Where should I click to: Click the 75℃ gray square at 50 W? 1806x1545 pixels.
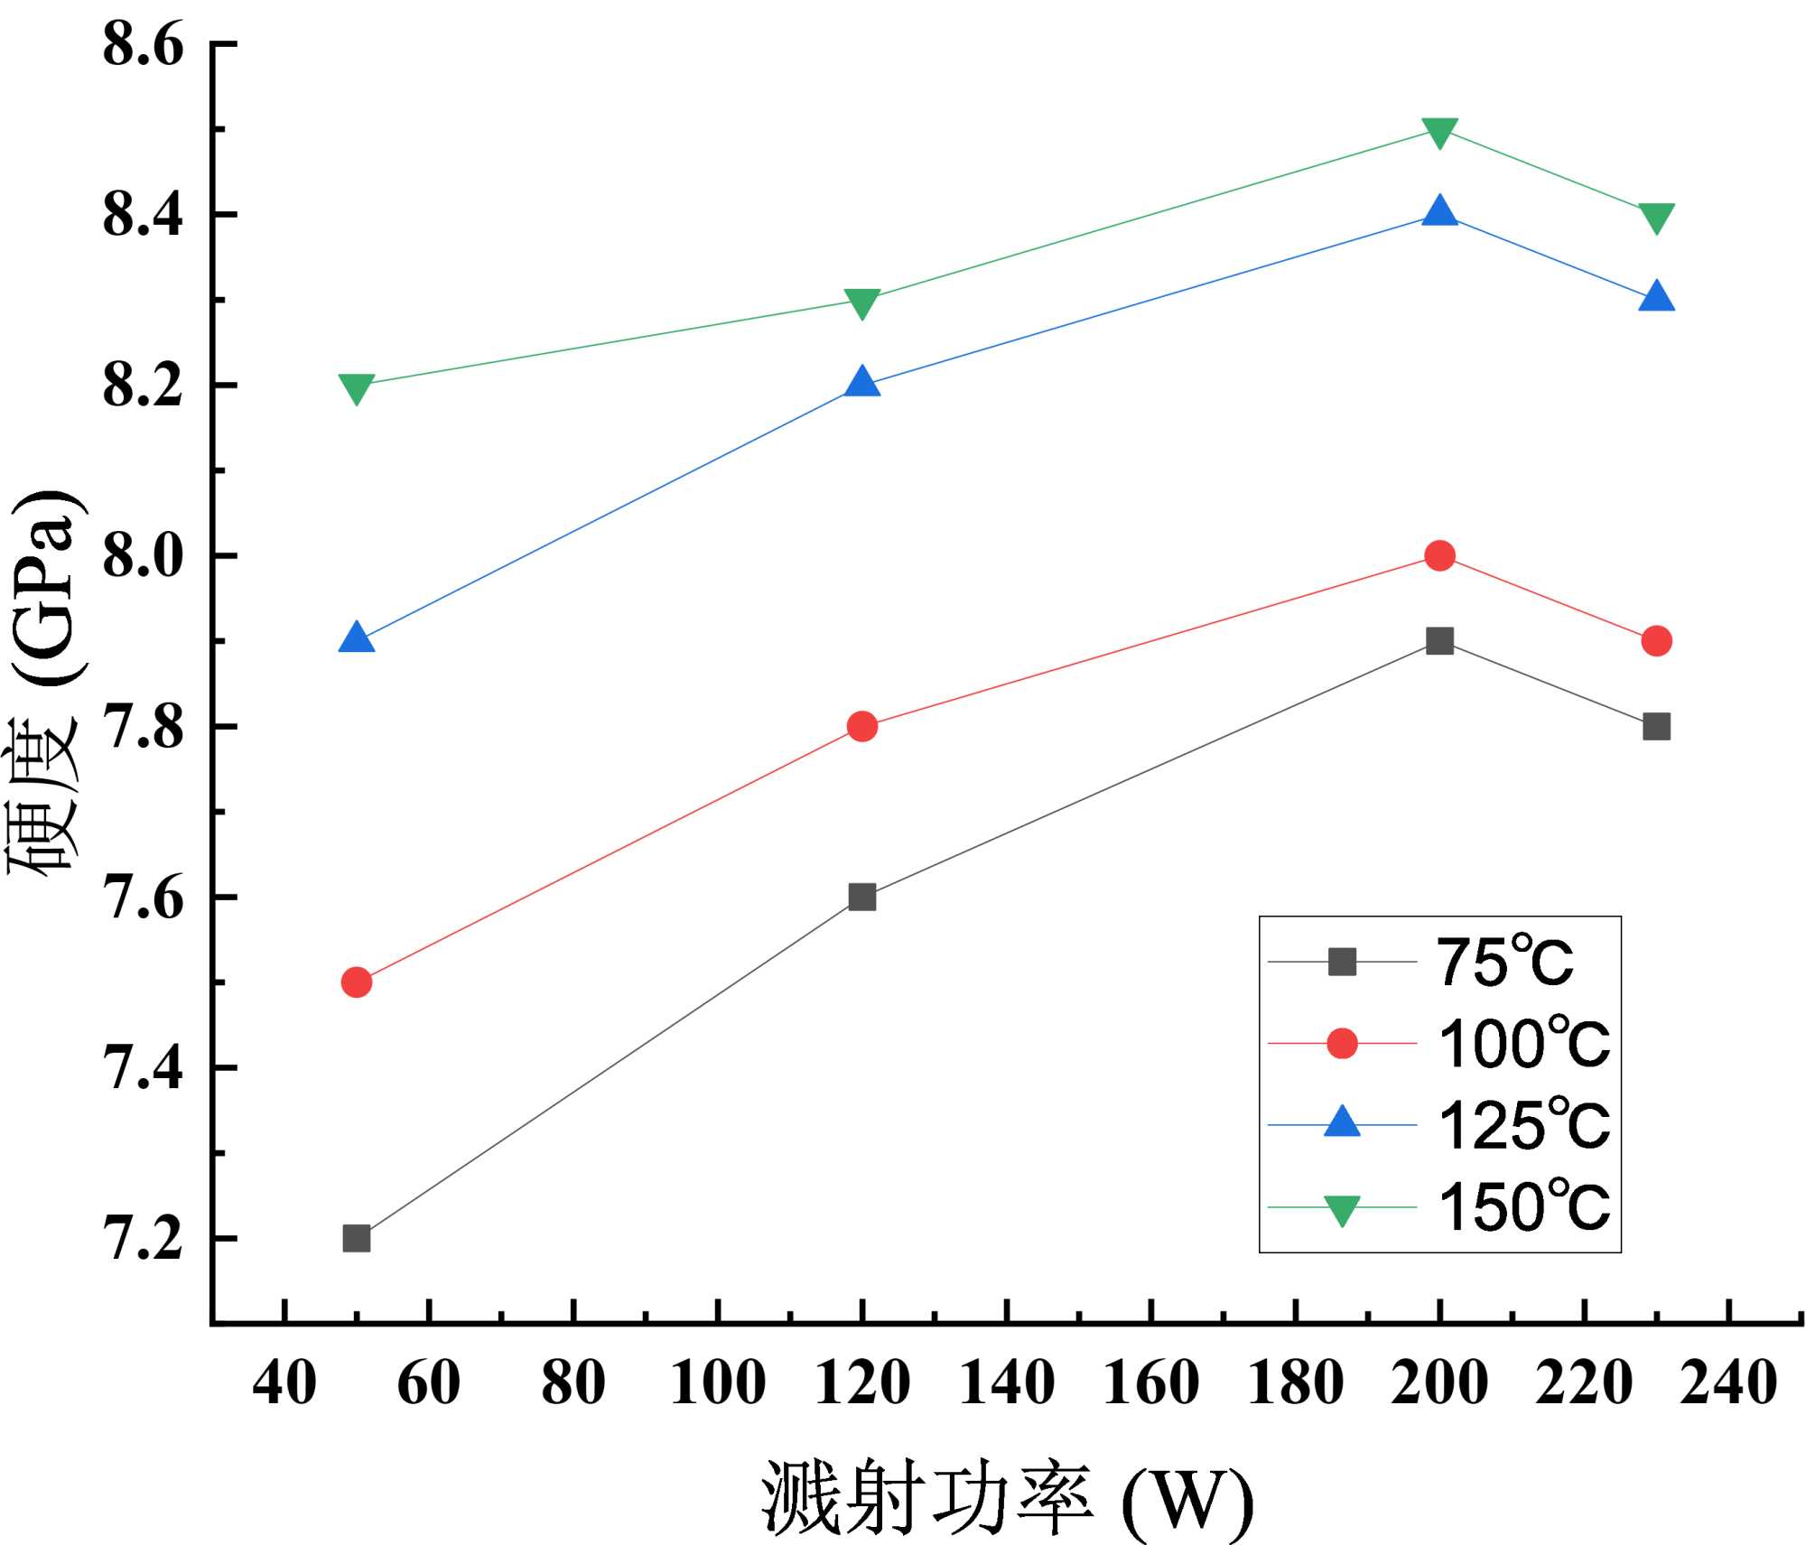[x=357, y=1238]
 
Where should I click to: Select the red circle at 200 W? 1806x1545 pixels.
[x=1439, y=555]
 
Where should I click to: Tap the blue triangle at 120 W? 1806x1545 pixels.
[x=862, y=383]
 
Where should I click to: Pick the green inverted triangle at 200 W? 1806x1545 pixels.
[x=1439, y=132]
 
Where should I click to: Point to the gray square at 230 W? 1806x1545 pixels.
[x=1656, y=726]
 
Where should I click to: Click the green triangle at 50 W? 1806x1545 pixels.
[x=357, y=388]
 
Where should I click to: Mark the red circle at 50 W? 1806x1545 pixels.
[x=357, y=982]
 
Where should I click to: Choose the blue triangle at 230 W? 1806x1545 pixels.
[x=1656, y=297]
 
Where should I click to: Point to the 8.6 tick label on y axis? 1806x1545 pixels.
[x=143, y=44]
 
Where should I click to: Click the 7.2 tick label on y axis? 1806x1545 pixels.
[x=143, y=1239]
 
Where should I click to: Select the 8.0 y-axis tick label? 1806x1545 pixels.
[x=143, y=556]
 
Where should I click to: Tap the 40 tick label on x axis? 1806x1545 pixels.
[x=284, y=1382]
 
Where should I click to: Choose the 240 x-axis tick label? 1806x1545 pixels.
[x=1728, y=1382]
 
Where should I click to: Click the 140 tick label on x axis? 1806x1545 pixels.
[x=1007, y=1382]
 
